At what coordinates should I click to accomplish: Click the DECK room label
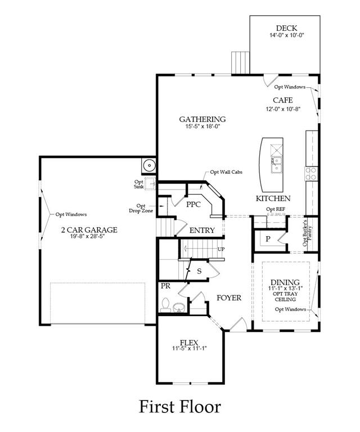coord(286,28)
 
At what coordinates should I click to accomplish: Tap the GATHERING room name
coord(202,119)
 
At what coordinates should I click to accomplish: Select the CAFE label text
coord(282,100)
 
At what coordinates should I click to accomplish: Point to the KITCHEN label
coord(273,199)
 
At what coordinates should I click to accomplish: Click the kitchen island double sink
coord(276,164)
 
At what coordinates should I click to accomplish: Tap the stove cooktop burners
coord(311,174)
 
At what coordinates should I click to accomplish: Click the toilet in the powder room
coord(165,305)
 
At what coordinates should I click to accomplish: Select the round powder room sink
coord(179,307)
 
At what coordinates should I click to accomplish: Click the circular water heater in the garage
coord(149,165)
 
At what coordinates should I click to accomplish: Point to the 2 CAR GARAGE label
coord(89,229)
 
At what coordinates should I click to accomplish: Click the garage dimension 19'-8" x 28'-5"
coord(88,236)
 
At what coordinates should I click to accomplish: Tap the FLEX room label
coord(189,343)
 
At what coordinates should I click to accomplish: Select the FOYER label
coord(229,298)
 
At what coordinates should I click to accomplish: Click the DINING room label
coord(285,282)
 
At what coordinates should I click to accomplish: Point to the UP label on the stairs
coord(221,249)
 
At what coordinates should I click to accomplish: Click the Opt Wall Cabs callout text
coord(226,172)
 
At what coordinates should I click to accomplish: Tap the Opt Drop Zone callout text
coord(141,208)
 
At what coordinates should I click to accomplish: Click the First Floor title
coord(180,407)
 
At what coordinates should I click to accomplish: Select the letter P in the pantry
coord(268,239)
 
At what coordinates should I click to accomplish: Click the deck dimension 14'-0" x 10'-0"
coord(287,35)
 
